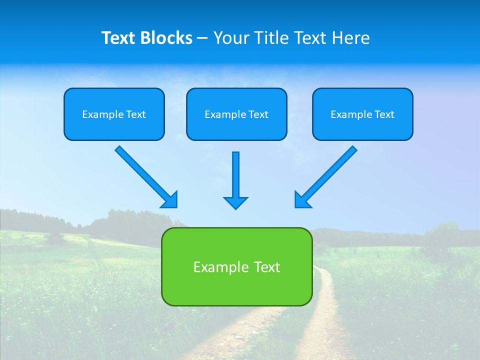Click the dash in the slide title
tap(202, 38)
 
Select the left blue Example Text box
tap(114, 114)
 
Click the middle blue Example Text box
tap(236, 114)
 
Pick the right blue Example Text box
tap(362, 114)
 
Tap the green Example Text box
tap(236, 266)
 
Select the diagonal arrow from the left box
tap(142, 173)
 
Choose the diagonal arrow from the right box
tap(330, 173)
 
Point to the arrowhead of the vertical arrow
tap(235, 202)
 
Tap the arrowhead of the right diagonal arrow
tap(302, 200)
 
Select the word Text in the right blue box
tap(384, 114)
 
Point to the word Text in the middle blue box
tap(258, 114)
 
